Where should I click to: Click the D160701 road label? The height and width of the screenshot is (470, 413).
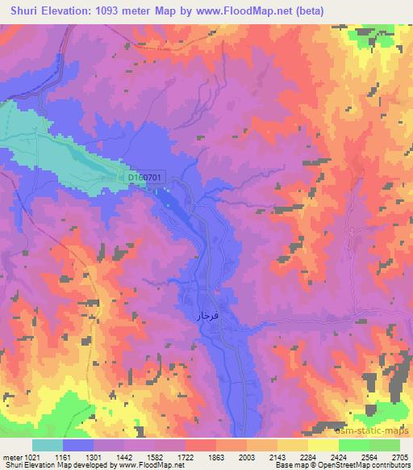tap(146, 178)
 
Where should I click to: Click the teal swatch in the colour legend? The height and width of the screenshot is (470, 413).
tap(48, 446)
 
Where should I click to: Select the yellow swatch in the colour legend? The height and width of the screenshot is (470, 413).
tap(323, 446)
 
